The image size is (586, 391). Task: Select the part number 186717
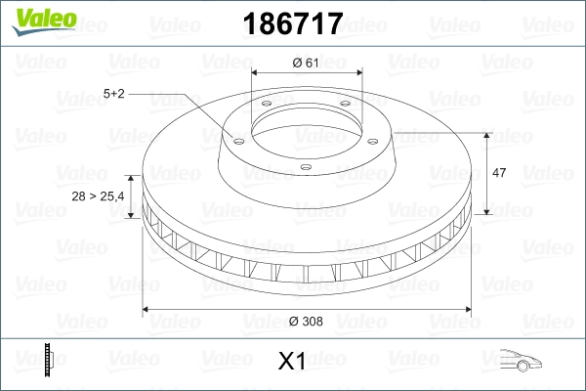(x=293, y=22)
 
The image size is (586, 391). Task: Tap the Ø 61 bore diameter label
(x=307, y=63)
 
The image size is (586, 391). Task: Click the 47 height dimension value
(x=498, y=173)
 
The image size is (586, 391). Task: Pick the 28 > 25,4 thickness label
(x=98, y=196)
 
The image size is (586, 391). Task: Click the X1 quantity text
(x=293, y=362)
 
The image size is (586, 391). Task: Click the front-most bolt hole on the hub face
(x=305, y=166)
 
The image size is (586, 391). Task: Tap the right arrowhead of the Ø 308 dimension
(x=472, y=310)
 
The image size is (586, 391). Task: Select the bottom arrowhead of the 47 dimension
(x=487, y=212)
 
